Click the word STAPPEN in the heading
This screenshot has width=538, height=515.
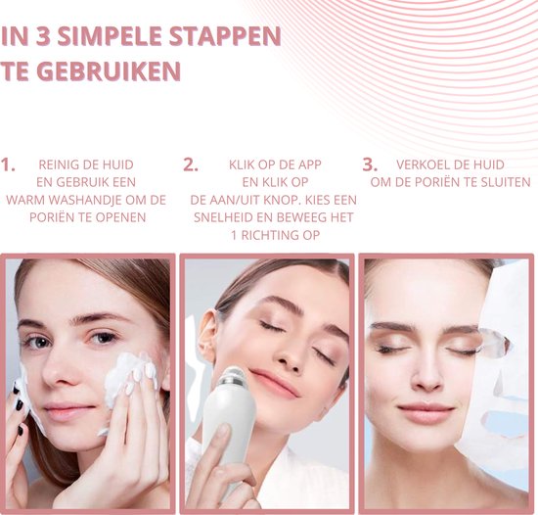coord(225,36)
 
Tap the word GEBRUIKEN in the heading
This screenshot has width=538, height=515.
coord(109,71)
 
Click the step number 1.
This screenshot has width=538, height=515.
coord(8,164)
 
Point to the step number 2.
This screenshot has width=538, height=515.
coord(191,164)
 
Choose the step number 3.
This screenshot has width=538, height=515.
coord(370,164)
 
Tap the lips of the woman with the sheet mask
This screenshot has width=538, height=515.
coord(426,413)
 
